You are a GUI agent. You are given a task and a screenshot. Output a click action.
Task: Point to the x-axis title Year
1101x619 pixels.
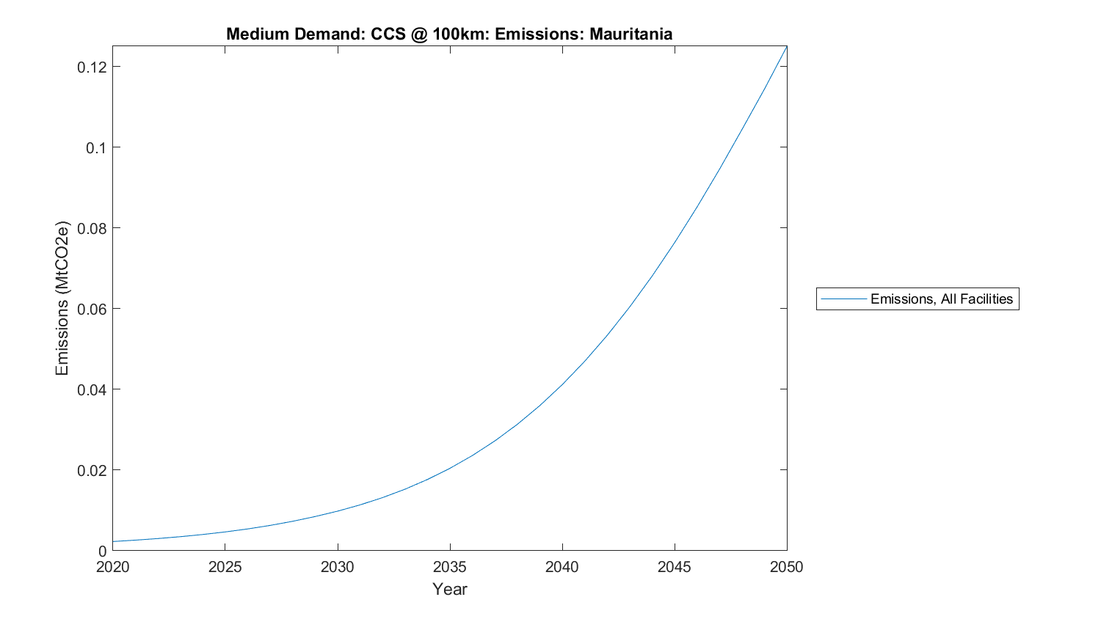(x=449, y=589)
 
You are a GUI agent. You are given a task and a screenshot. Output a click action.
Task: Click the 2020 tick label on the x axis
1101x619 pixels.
(x=113, y=567)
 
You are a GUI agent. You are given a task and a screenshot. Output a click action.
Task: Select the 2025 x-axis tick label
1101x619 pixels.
(x=225, y=567)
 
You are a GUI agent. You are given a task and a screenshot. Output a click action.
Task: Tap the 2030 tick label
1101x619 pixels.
(x=338, y=567)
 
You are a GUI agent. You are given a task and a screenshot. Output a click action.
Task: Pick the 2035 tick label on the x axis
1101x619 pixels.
(x=450, y=567)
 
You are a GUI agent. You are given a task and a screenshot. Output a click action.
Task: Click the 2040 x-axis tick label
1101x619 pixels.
(x=562, y=567)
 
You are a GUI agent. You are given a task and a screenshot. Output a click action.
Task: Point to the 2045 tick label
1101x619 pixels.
(x=675, y=567)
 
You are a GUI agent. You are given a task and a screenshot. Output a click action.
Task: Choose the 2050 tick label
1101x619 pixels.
(x=787, y=567)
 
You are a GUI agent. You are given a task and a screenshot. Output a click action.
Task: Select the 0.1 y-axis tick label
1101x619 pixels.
(x=96, y=148)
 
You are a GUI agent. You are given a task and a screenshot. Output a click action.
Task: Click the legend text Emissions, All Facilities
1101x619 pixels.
(x=941, y=299)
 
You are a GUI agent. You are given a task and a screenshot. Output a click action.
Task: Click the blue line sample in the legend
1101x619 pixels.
(x=843, y=299)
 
